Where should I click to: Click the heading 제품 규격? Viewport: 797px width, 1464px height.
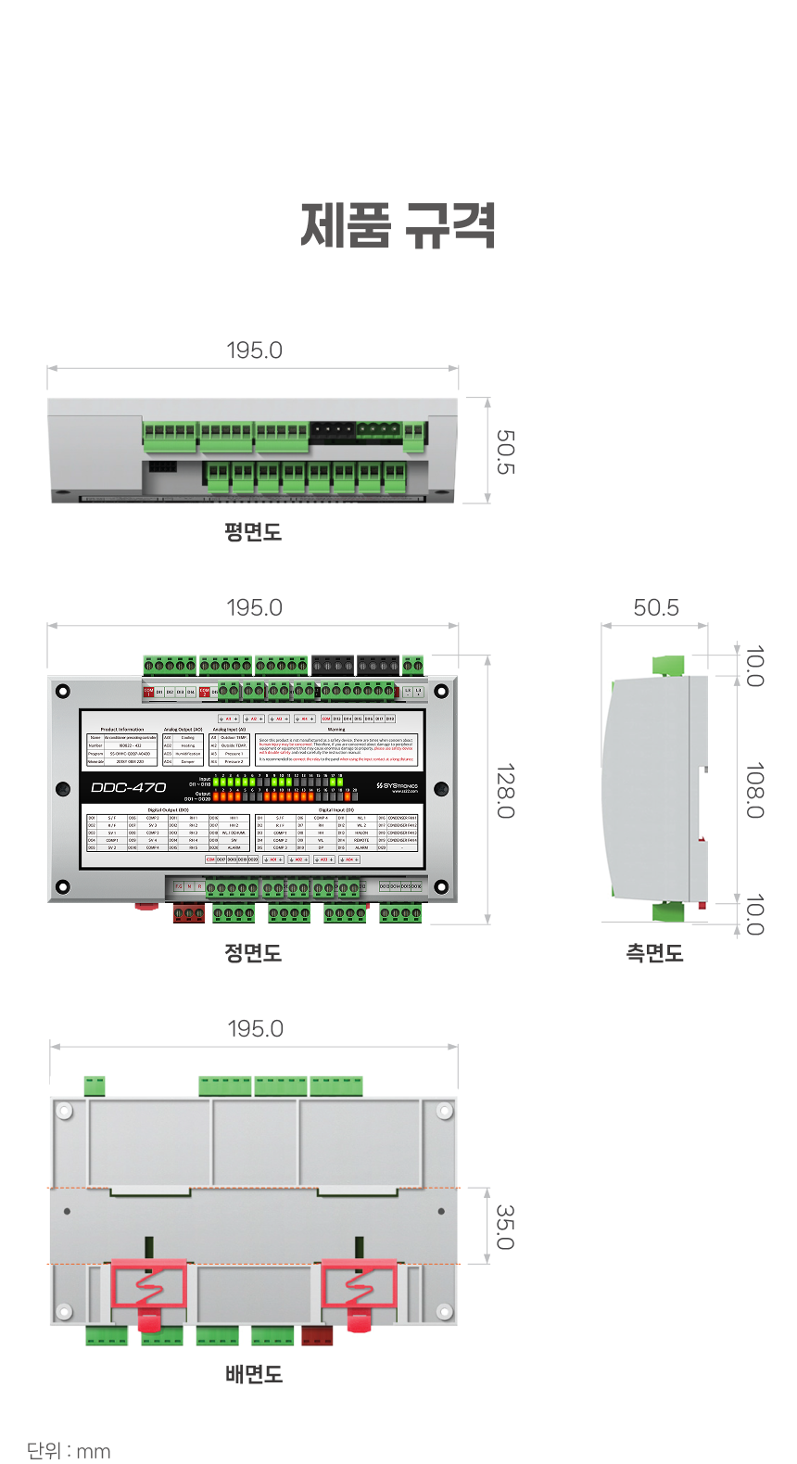(398, 225)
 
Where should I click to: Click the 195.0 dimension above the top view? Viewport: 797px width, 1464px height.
(254, 350)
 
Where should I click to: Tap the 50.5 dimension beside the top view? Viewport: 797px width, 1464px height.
(506, 452)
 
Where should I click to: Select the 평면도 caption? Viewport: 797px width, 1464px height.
(253, 532)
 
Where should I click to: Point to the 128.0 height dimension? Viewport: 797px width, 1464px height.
(506, 791)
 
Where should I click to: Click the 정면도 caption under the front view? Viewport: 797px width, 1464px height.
(253, 953)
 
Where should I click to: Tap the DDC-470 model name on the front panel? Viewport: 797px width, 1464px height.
(129, 787)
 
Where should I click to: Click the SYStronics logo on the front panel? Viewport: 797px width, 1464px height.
(398, 786)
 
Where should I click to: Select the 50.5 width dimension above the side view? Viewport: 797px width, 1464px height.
(656, 607)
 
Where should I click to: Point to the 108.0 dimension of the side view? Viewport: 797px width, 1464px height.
(755, 791)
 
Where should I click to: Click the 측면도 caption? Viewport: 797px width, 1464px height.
(654, 953)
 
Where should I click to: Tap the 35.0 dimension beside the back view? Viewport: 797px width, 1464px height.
(506, 1227)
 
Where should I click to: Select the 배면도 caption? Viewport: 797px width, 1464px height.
(254, 1374)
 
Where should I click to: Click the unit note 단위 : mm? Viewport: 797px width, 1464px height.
(69, 1451)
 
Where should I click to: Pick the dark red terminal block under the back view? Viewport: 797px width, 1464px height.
(317, 1336)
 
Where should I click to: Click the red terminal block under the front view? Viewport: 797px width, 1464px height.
(188, 914)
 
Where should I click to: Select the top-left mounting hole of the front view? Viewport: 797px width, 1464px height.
(63, 691)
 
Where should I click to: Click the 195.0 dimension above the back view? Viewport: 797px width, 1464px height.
(255, 1028)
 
